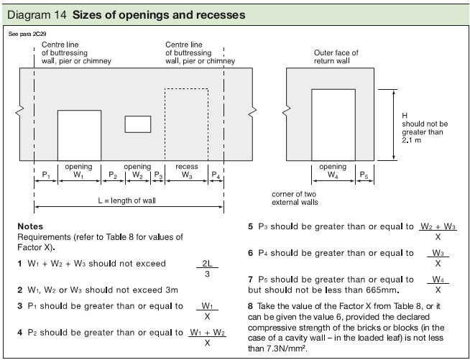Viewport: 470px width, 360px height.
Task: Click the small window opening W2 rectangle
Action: [137, 124]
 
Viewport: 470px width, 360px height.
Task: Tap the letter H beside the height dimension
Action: [405, 116]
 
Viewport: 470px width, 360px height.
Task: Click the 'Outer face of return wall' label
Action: [336, 57]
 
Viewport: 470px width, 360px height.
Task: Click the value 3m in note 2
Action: [169, 290]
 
